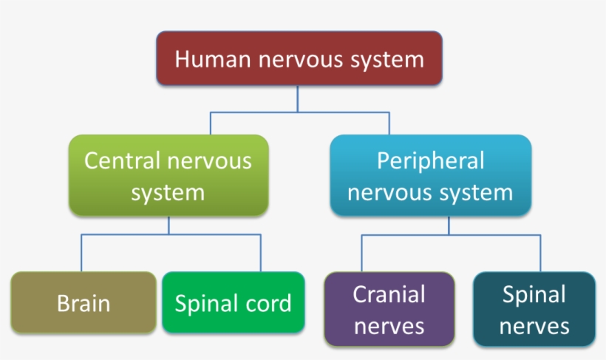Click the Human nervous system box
pyautogui.click(x=299, y=58)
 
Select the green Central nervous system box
pyautogui.click(x=168, y=176)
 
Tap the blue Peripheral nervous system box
pyautogui.click(x=430, y=176)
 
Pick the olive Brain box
pyautogui.click(x=84, y=303)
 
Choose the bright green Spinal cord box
pyautogui.click(x=233, y=303)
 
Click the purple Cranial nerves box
pyautogui.click(x=389, y=309)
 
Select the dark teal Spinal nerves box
pyautogui.click(x=534, y=309)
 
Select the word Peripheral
pyautogui.click(x=430, y=160)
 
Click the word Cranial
pyautogui.click(x=389, y=294)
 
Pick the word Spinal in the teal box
pyautogui.click(x=534, y=294)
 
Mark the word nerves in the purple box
pyautogui.click(x=389, y=325)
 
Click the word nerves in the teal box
pyautogui.click(x=534, y=325)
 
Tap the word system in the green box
pyautogui.click(x=168, y=193)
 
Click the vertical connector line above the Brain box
pyautogui.click(x=81, y=254)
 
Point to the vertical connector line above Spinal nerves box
pyautogui.click(x=540, y=254)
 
